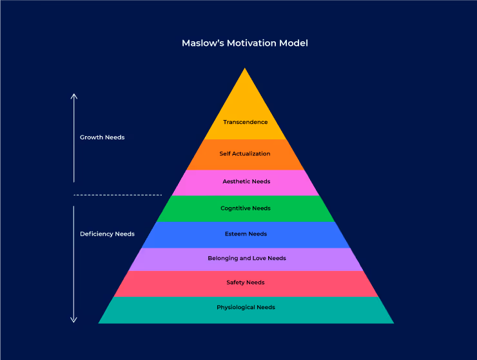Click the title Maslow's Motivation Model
pyautogui.click(x=245, y=43)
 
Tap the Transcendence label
pyautogui.click(x=246, y=122)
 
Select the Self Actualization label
pyautogui.click(x=245, y=154)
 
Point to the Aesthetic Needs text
pyautogui.click(x=246, y=181)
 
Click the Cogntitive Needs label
pyautogui.click(x=246, y=208)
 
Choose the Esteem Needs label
pyautogui.click(x=246, y=234)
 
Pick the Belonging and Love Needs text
pyautogui.click(x=247, y=258)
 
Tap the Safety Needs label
pyautogui.click(x=246, y=283)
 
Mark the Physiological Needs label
pyautogui.click(x=246, y=307)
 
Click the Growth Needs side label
pyautogui.click(x=102, y=137)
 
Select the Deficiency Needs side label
pyautogui.click(x=107, y=234)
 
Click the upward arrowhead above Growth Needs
pyautogui.click(x=74, y=95)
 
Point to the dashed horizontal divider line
pyautogui.click(x=117, y=195)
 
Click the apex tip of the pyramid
pyautogui.click(x=245, y=69)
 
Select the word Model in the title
pyautogui.click(x=295, y=43)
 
